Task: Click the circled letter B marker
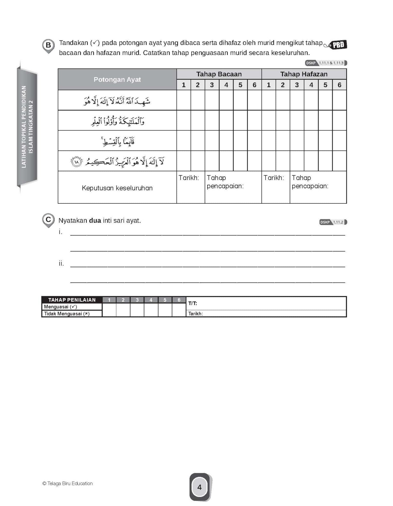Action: (x=48, y=46)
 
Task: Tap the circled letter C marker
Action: (x=48, y=220)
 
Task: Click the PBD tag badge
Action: (x=338, y=45)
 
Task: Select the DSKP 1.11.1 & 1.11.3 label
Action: (x=326, y=63)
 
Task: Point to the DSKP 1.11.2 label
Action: (x=333, y=222)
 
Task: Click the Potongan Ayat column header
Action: (x=117, y=79)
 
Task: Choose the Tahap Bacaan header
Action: (x=219, y=74)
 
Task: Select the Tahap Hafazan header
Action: (x=304, y=74)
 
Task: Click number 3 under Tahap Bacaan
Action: (x=212, y=85)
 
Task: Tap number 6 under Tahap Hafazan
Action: (x=339, y=85)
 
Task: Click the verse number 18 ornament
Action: (x=76, y=162)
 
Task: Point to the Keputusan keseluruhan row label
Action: (x=117, y=188)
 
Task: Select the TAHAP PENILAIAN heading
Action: (x=72, y=300)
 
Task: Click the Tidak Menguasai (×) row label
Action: (x=67, y=314)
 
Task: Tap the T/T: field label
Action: (x=193, y=303)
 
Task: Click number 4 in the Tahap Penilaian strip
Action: (x=151, y=300)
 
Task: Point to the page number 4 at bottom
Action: (x=199, y=487)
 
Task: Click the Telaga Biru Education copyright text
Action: (x=68, y=483)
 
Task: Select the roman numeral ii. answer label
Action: (x=61, y=263)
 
